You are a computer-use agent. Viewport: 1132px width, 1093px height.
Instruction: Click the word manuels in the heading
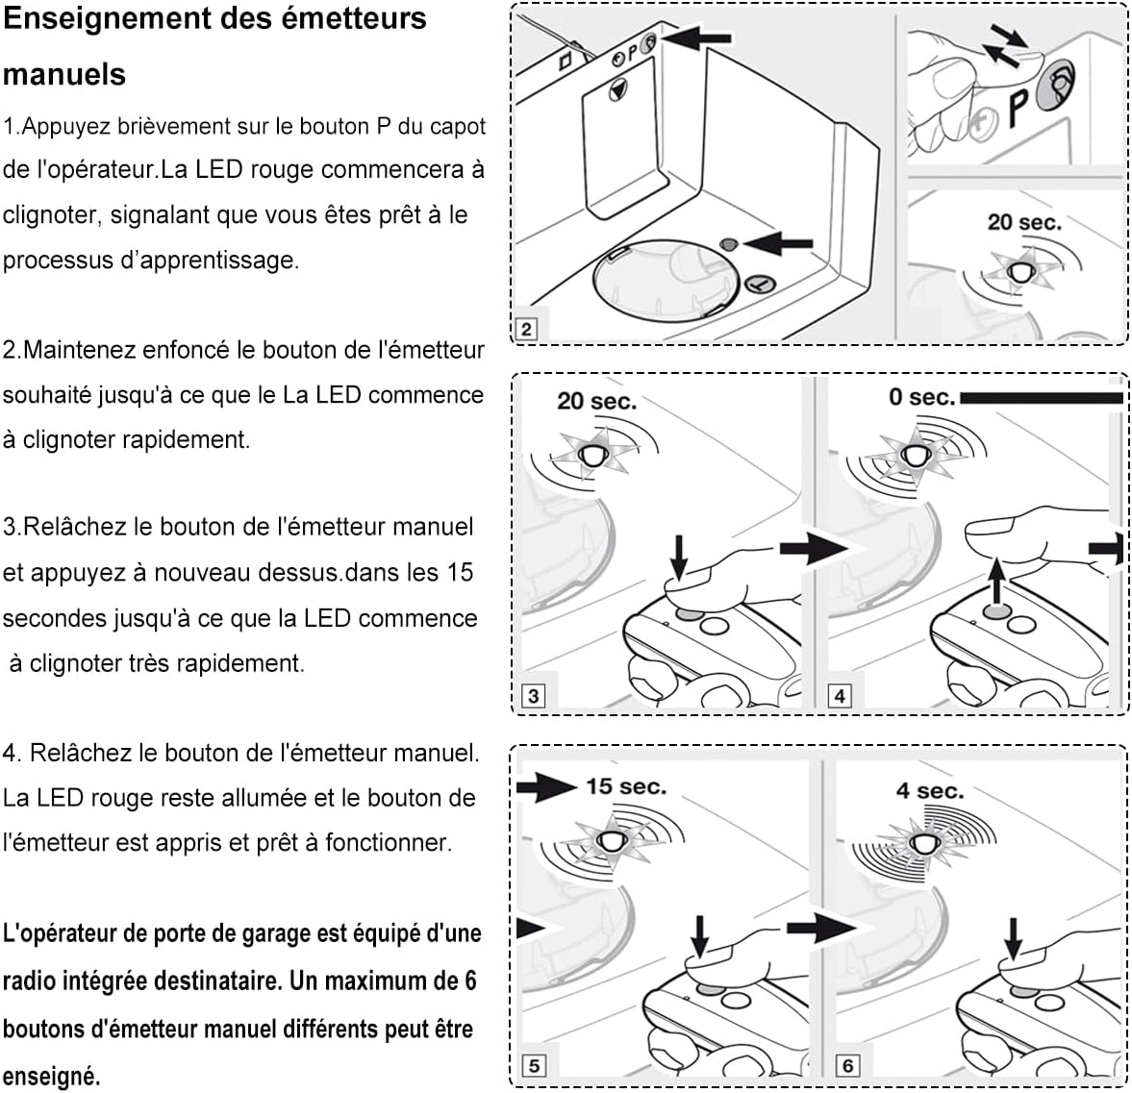click(x=64, y=74)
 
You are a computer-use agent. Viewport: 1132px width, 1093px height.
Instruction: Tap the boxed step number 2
click(x=526, y=329)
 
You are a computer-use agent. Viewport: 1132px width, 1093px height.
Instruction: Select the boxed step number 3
click(x=533, y=695)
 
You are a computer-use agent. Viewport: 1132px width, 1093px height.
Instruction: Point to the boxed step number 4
click(x=839, y=695)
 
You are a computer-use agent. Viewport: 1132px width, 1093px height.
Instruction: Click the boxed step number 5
click(x=534, y=1065)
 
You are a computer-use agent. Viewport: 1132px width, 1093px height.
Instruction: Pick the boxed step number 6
click(x=847, y=1065)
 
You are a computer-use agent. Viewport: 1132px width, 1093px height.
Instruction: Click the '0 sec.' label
click(x=922, y=397)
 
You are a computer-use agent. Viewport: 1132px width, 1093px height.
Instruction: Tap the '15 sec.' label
click(x=626, y=785)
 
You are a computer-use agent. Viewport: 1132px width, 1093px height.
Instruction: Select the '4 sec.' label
click(x=930, y=791)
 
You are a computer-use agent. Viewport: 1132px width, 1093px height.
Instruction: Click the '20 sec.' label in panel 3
click(x=597, y=401)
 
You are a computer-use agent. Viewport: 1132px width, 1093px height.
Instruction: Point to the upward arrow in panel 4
click(x=997, y=581)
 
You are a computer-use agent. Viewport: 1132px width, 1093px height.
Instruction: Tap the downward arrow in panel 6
click(x=1014, y=938)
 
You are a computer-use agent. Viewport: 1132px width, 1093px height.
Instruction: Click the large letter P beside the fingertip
click(x=1018, y=108)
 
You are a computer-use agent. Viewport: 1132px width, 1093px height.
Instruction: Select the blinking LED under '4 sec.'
click(x=923, y=843)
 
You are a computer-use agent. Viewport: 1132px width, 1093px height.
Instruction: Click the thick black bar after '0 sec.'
click(x=1041, y=398)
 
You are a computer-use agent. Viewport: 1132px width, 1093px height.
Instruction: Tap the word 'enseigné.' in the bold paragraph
click(x=51, y=1077)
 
